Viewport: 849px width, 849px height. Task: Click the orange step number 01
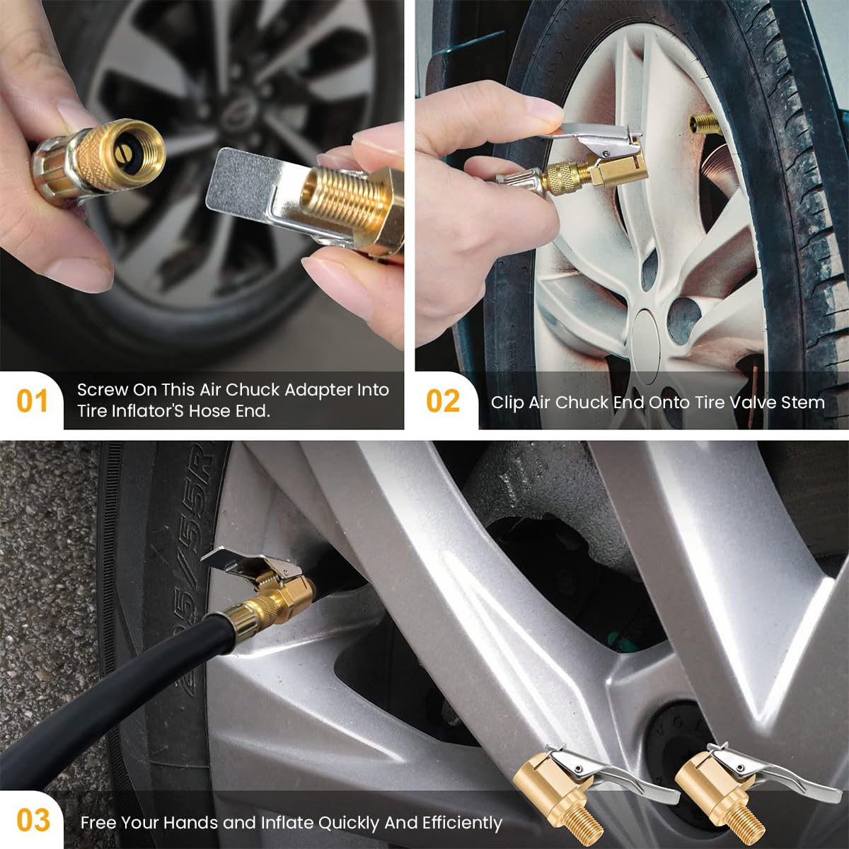[x=32, y=401]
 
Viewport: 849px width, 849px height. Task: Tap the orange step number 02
[x=442, y=401]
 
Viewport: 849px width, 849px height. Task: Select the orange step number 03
[x=33, y=821]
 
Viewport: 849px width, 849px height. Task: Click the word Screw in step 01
[x=103, y=390]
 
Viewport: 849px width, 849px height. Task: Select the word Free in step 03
[x=98, y=823]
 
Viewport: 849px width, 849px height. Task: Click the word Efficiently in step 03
[x=462, y=823]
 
